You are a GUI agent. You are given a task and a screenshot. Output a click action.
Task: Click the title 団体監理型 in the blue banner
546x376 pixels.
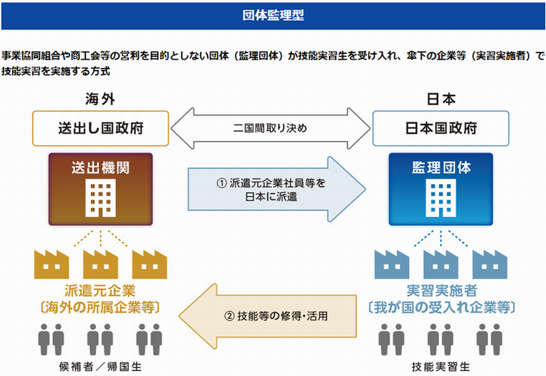(x=273, y=15)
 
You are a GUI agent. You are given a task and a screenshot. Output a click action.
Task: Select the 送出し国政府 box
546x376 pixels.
(x=101, y=128)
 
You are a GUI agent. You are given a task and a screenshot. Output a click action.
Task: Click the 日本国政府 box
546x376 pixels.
(x=441, y=128)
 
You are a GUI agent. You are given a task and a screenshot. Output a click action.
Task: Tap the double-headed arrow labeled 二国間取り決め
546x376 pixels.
(x=271, y=128)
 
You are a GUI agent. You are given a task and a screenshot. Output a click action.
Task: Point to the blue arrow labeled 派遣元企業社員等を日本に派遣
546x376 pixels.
(x=276, y=189)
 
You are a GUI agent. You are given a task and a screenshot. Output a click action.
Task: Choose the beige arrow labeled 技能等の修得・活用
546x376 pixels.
(x=268, y=316)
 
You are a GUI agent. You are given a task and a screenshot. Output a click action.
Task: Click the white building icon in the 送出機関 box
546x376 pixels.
(x=101, y=198)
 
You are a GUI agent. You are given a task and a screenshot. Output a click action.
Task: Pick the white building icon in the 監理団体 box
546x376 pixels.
(x=441, y=198)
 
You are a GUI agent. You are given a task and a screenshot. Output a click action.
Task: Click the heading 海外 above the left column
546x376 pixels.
(x=100, y=99)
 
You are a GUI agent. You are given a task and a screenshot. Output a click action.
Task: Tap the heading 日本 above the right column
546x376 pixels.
(x=441, y=99)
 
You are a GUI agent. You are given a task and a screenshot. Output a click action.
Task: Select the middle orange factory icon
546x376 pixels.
(x=101, y=264)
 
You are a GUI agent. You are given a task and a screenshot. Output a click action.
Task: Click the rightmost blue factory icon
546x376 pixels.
(x=490, y=264)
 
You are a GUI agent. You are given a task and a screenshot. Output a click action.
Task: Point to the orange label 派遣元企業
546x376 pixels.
(x=100, y=291)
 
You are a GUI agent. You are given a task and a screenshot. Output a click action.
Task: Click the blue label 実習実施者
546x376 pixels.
(x=442, y=291)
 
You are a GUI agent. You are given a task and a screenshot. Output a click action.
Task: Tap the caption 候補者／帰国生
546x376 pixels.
(x=100, y=367)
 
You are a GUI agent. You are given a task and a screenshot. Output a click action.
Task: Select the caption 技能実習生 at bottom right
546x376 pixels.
(x=441, y=367)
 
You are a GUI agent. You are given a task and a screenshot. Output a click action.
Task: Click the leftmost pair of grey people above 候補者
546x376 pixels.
(x=51, y=340)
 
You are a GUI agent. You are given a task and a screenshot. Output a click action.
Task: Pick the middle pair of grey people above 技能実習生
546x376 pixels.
(x=440, y=340)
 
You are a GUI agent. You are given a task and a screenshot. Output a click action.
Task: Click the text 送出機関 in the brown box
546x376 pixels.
(x=101, y=168)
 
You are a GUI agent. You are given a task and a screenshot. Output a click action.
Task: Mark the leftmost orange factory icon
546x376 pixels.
(x=52, y=264)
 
